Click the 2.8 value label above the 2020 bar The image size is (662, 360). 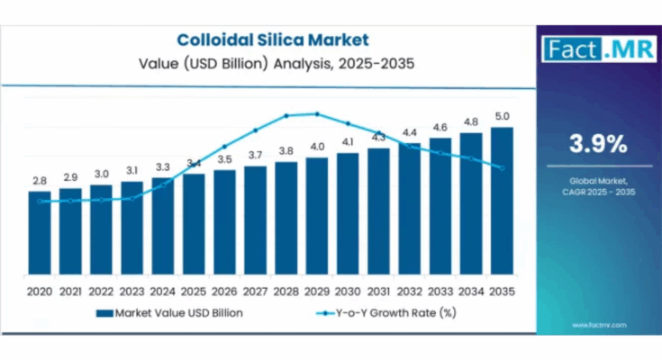(x=39, y=181)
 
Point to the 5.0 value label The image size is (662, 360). (x=502, y=116)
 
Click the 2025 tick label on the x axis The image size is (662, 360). (x=193, y=292)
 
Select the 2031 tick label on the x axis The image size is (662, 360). (x=378, y=292)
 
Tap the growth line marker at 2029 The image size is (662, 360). (x=317, y=113)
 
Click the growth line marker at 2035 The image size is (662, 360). (x=503, y=168)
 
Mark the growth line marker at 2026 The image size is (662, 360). (x=224, y=147)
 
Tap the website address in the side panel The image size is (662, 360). (x=598, y=325)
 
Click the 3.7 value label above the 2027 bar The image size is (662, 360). (x=255, y=155)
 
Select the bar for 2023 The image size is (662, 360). (x=131, y=232)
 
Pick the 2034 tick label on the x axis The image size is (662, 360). (x=471, y=292)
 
